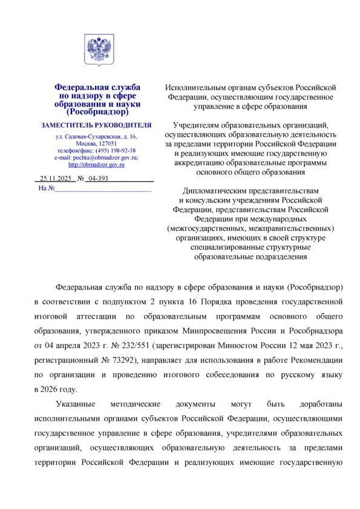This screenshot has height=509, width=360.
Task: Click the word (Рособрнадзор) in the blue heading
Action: click(97, 112)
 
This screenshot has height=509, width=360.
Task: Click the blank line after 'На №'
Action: click(103, 189)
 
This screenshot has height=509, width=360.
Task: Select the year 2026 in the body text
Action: click(54, 389)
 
